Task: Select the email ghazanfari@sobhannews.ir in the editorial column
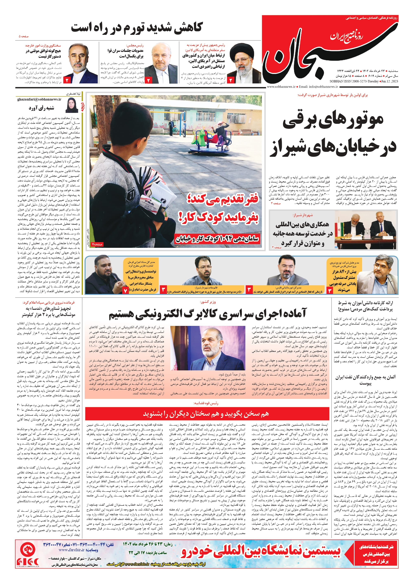39,99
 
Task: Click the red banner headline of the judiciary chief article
206,414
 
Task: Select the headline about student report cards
365,306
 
